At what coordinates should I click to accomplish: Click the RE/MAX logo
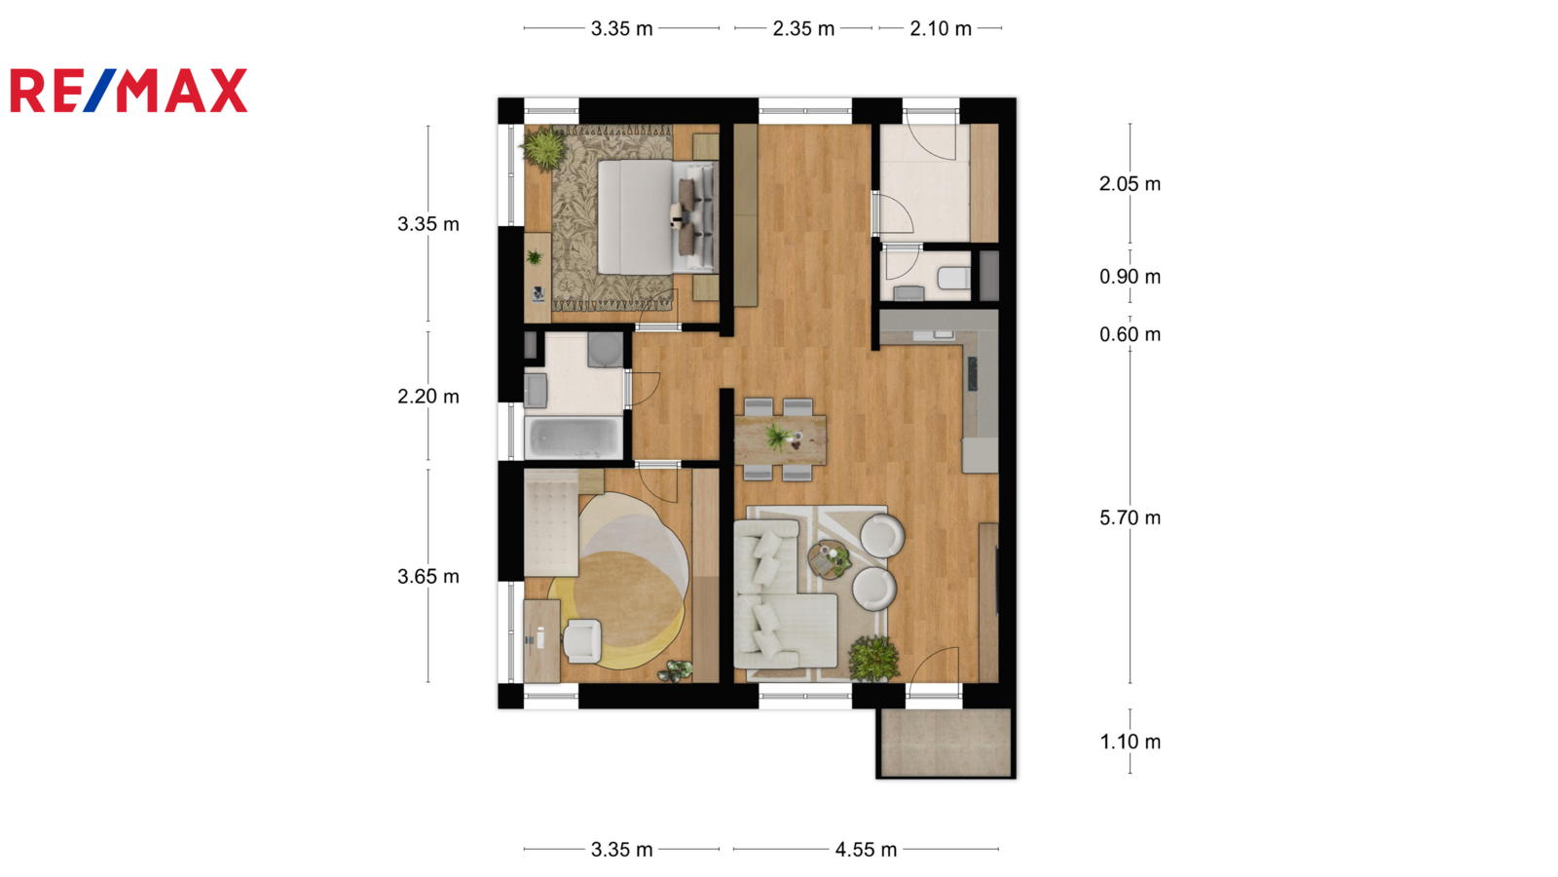tap(129, 91)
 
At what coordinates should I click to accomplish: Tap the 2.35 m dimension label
tap(803, 28)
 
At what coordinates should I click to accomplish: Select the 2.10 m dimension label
tap(941, 28)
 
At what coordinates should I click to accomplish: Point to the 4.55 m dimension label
tap(866, 849)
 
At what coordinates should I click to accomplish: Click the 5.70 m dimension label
tap(1130, 517)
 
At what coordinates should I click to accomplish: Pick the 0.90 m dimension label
tap(1130, 277)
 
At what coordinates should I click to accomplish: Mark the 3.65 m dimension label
tap(428, 576)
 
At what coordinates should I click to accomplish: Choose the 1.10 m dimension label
tap(1130, 742)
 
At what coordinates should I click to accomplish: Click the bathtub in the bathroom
tap(574, 438)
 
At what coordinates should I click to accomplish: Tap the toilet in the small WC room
tap(953, 279)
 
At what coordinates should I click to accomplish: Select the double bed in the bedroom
tap(657, 217)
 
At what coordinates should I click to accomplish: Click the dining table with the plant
tap(780, 439)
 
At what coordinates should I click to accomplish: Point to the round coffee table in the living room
tap(829, 559)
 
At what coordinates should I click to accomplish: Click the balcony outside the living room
tap(946, 742)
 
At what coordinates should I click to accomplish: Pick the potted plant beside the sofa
tap(873, 659)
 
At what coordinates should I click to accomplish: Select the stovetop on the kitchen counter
tap(973, 374)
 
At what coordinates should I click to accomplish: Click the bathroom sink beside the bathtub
tap(536, 391)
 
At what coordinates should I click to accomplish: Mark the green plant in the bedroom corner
tap(544, 147)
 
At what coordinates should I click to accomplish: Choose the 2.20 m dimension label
tap(428, 397)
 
